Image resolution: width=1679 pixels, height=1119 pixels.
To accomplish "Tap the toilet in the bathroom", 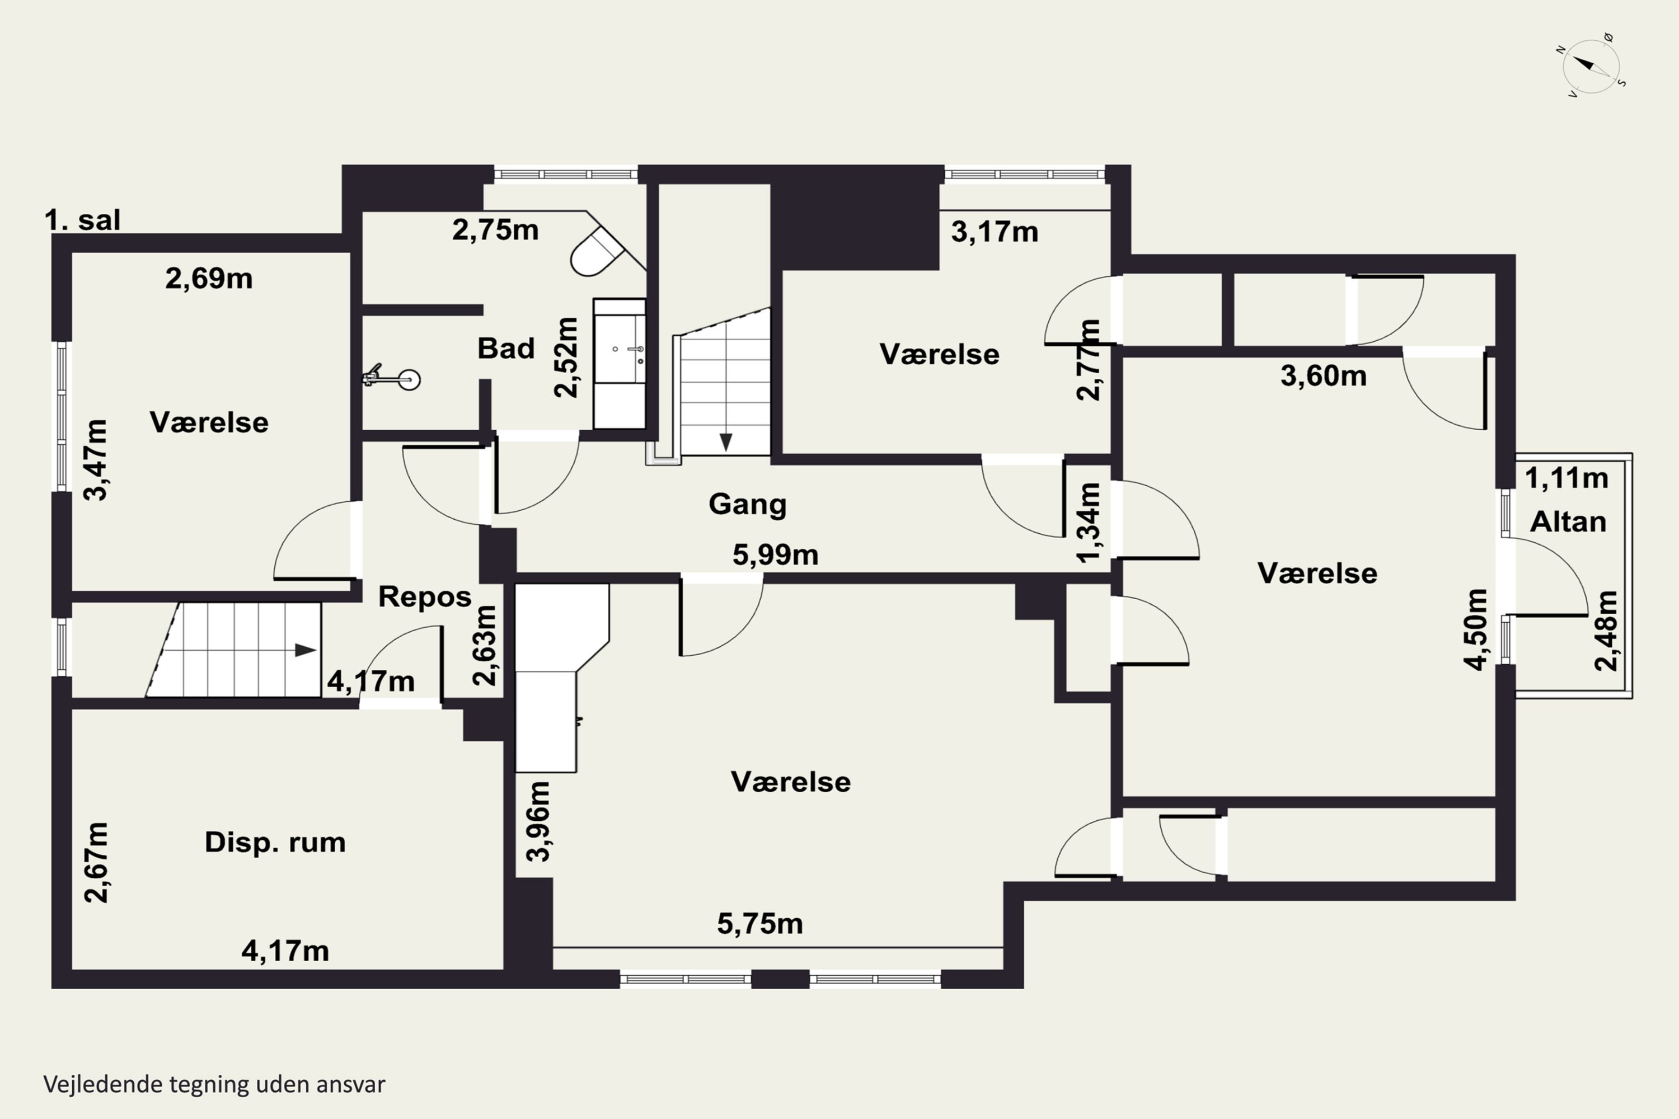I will pyautogui.click(x=596, y=253).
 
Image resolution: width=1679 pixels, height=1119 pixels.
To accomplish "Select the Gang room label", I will pyautogui.click(x=747, y=504).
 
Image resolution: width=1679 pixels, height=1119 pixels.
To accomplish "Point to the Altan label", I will pyautogui.click(x=1568, y=521).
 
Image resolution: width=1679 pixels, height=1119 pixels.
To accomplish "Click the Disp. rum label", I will pyautogui.click(x=275, y=842).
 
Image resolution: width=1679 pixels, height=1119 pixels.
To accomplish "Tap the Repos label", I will pyautogui.click(x=425, y=596).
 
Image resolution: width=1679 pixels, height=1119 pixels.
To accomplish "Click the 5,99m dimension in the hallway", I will pyautogui.click(x=775, y=554).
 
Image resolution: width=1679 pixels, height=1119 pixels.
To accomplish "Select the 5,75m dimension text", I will pyautogui.click(x=759, y=924).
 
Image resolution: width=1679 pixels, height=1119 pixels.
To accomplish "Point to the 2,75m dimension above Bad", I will pyautogui.click(x=495, y=230).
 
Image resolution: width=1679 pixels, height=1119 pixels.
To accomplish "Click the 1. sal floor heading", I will pyautogui.click(x=82, y=220).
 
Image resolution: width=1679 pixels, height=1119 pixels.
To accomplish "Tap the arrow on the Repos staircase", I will pyautogui.click(x=305, y=650).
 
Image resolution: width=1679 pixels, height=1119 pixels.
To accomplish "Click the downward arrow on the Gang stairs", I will pyautogui.click(x=725, y=442).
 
